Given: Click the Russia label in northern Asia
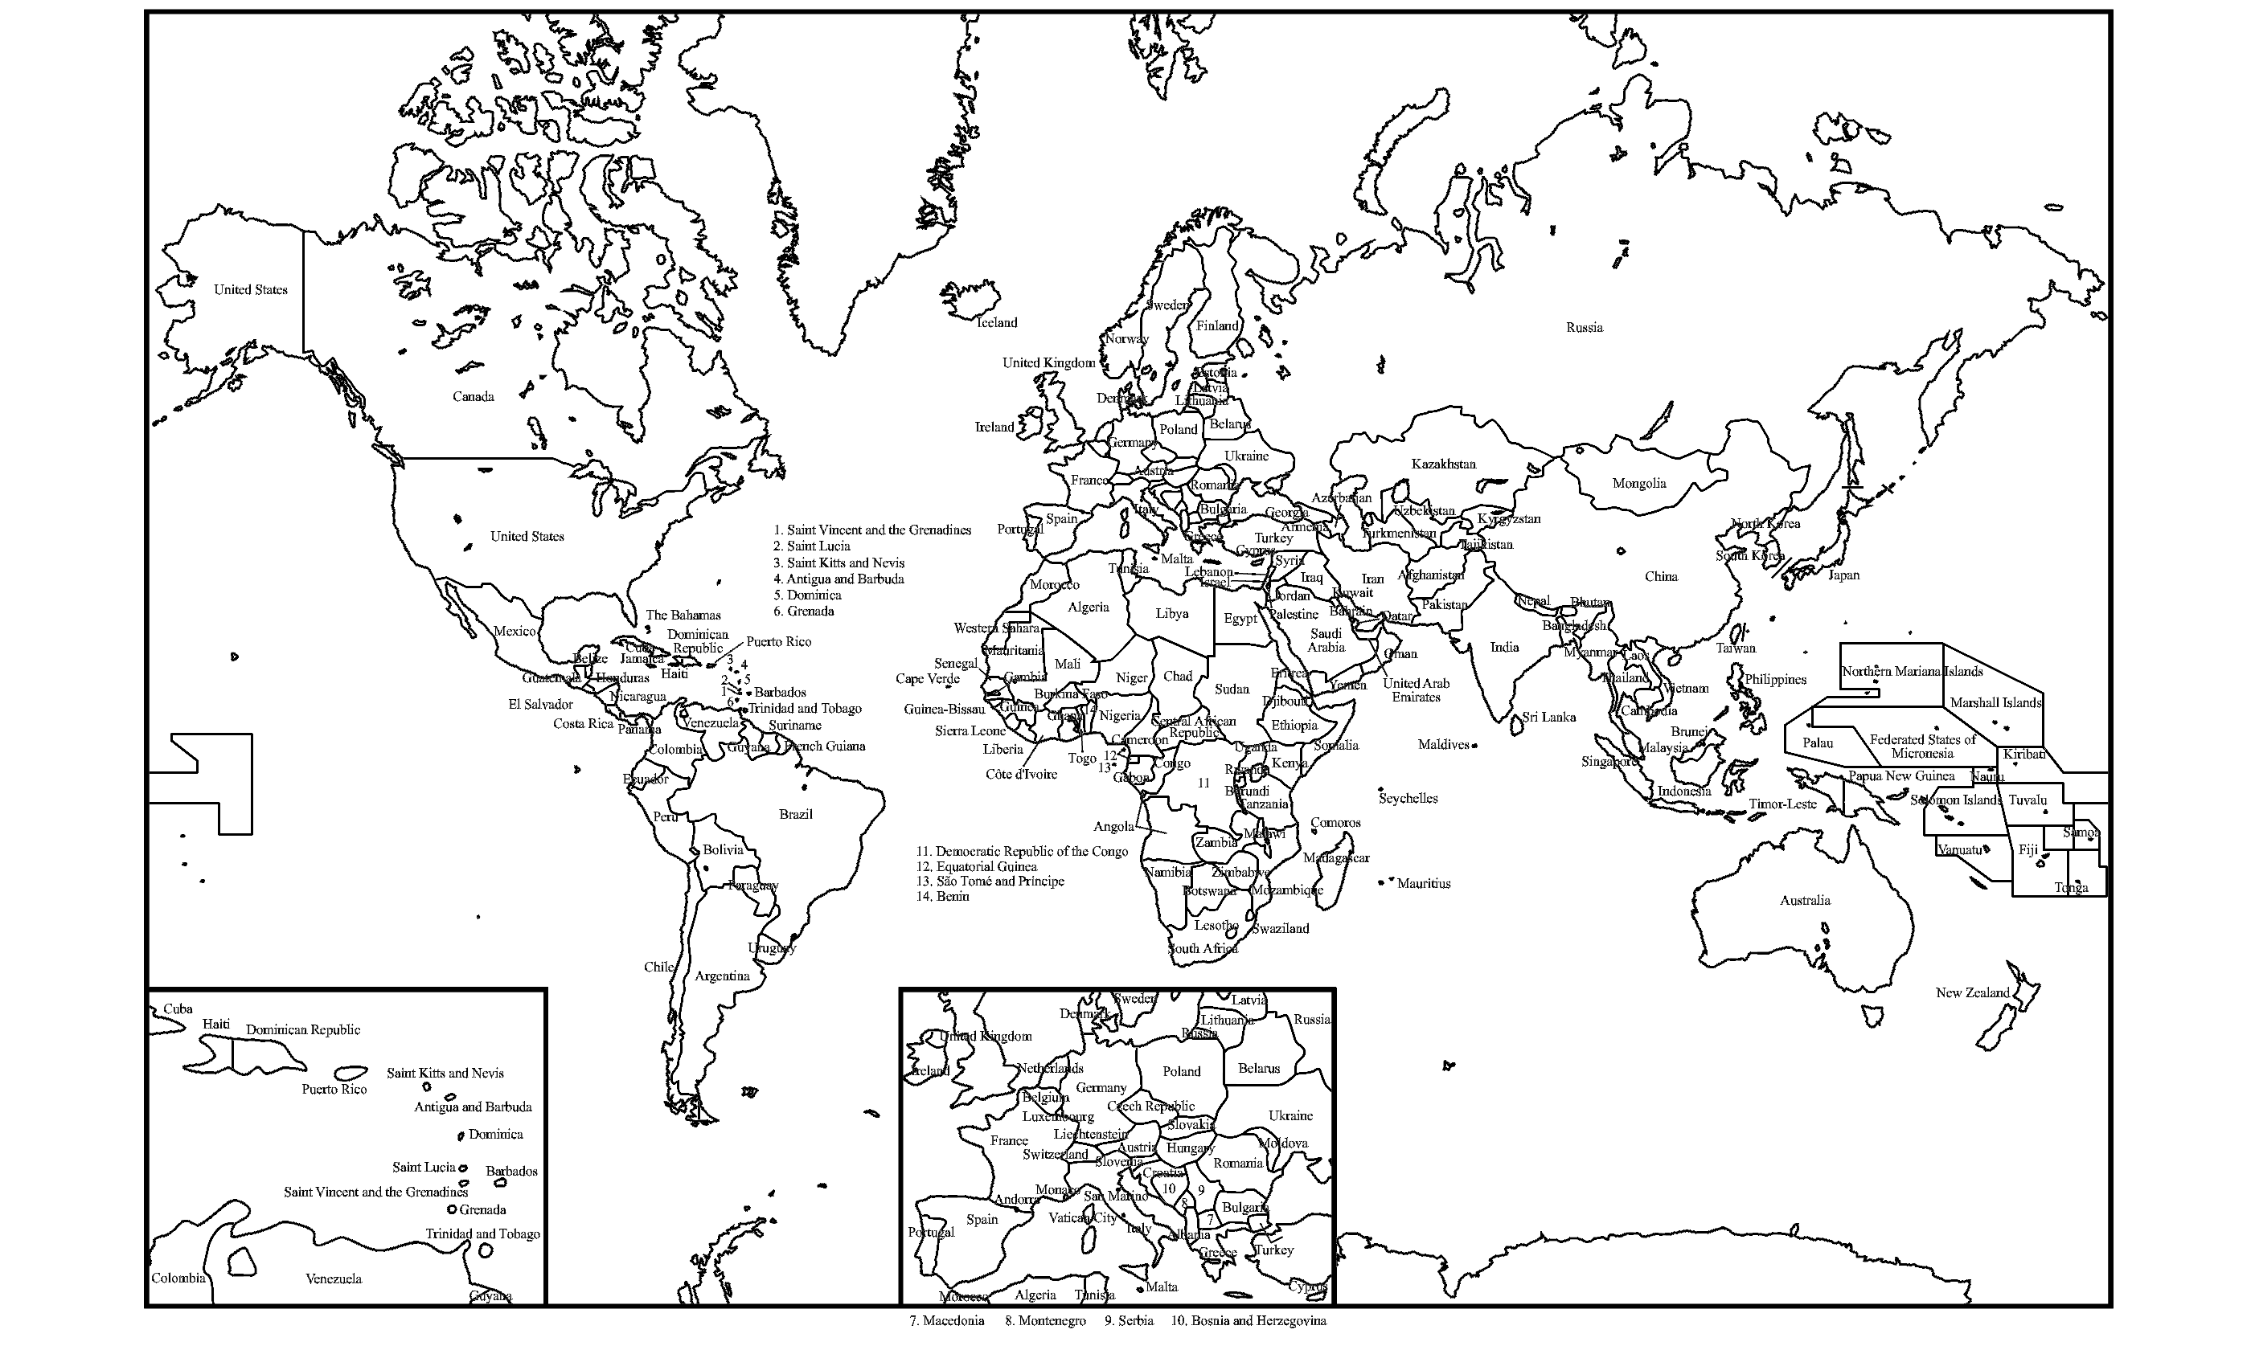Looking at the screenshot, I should point(1583,328).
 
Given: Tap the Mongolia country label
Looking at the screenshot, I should point(1638,483).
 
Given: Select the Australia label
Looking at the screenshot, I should point(1804,901).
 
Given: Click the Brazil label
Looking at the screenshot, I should point(795,814).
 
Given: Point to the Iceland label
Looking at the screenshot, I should point(996,323).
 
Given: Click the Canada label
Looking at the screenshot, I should point(474,397).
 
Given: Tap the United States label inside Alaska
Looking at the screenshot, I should point(250,290).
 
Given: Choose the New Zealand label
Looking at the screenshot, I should point(1972,992).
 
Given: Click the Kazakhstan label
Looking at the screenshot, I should point(1443,464).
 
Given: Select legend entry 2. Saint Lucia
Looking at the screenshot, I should point(812,546).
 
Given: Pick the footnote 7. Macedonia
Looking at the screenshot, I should point(946,1321).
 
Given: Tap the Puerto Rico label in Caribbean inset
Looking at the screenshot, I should point(334,1089).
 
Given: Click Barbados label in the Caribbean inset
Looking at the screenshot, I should point(511,1171).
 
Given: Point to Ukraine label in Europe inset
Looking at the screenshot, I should point(1290,1115).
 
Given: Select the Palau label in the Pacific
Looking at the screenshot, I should point(1817,743).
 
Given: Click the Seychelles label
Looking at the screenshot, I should point(1408,799).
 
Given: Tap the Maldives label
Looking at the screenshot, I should point(1443,745).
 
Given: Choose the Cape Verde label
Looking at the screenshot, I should point(927,679).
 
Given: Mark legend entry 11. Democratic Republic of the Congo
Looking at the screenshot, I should point(1022,852).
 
